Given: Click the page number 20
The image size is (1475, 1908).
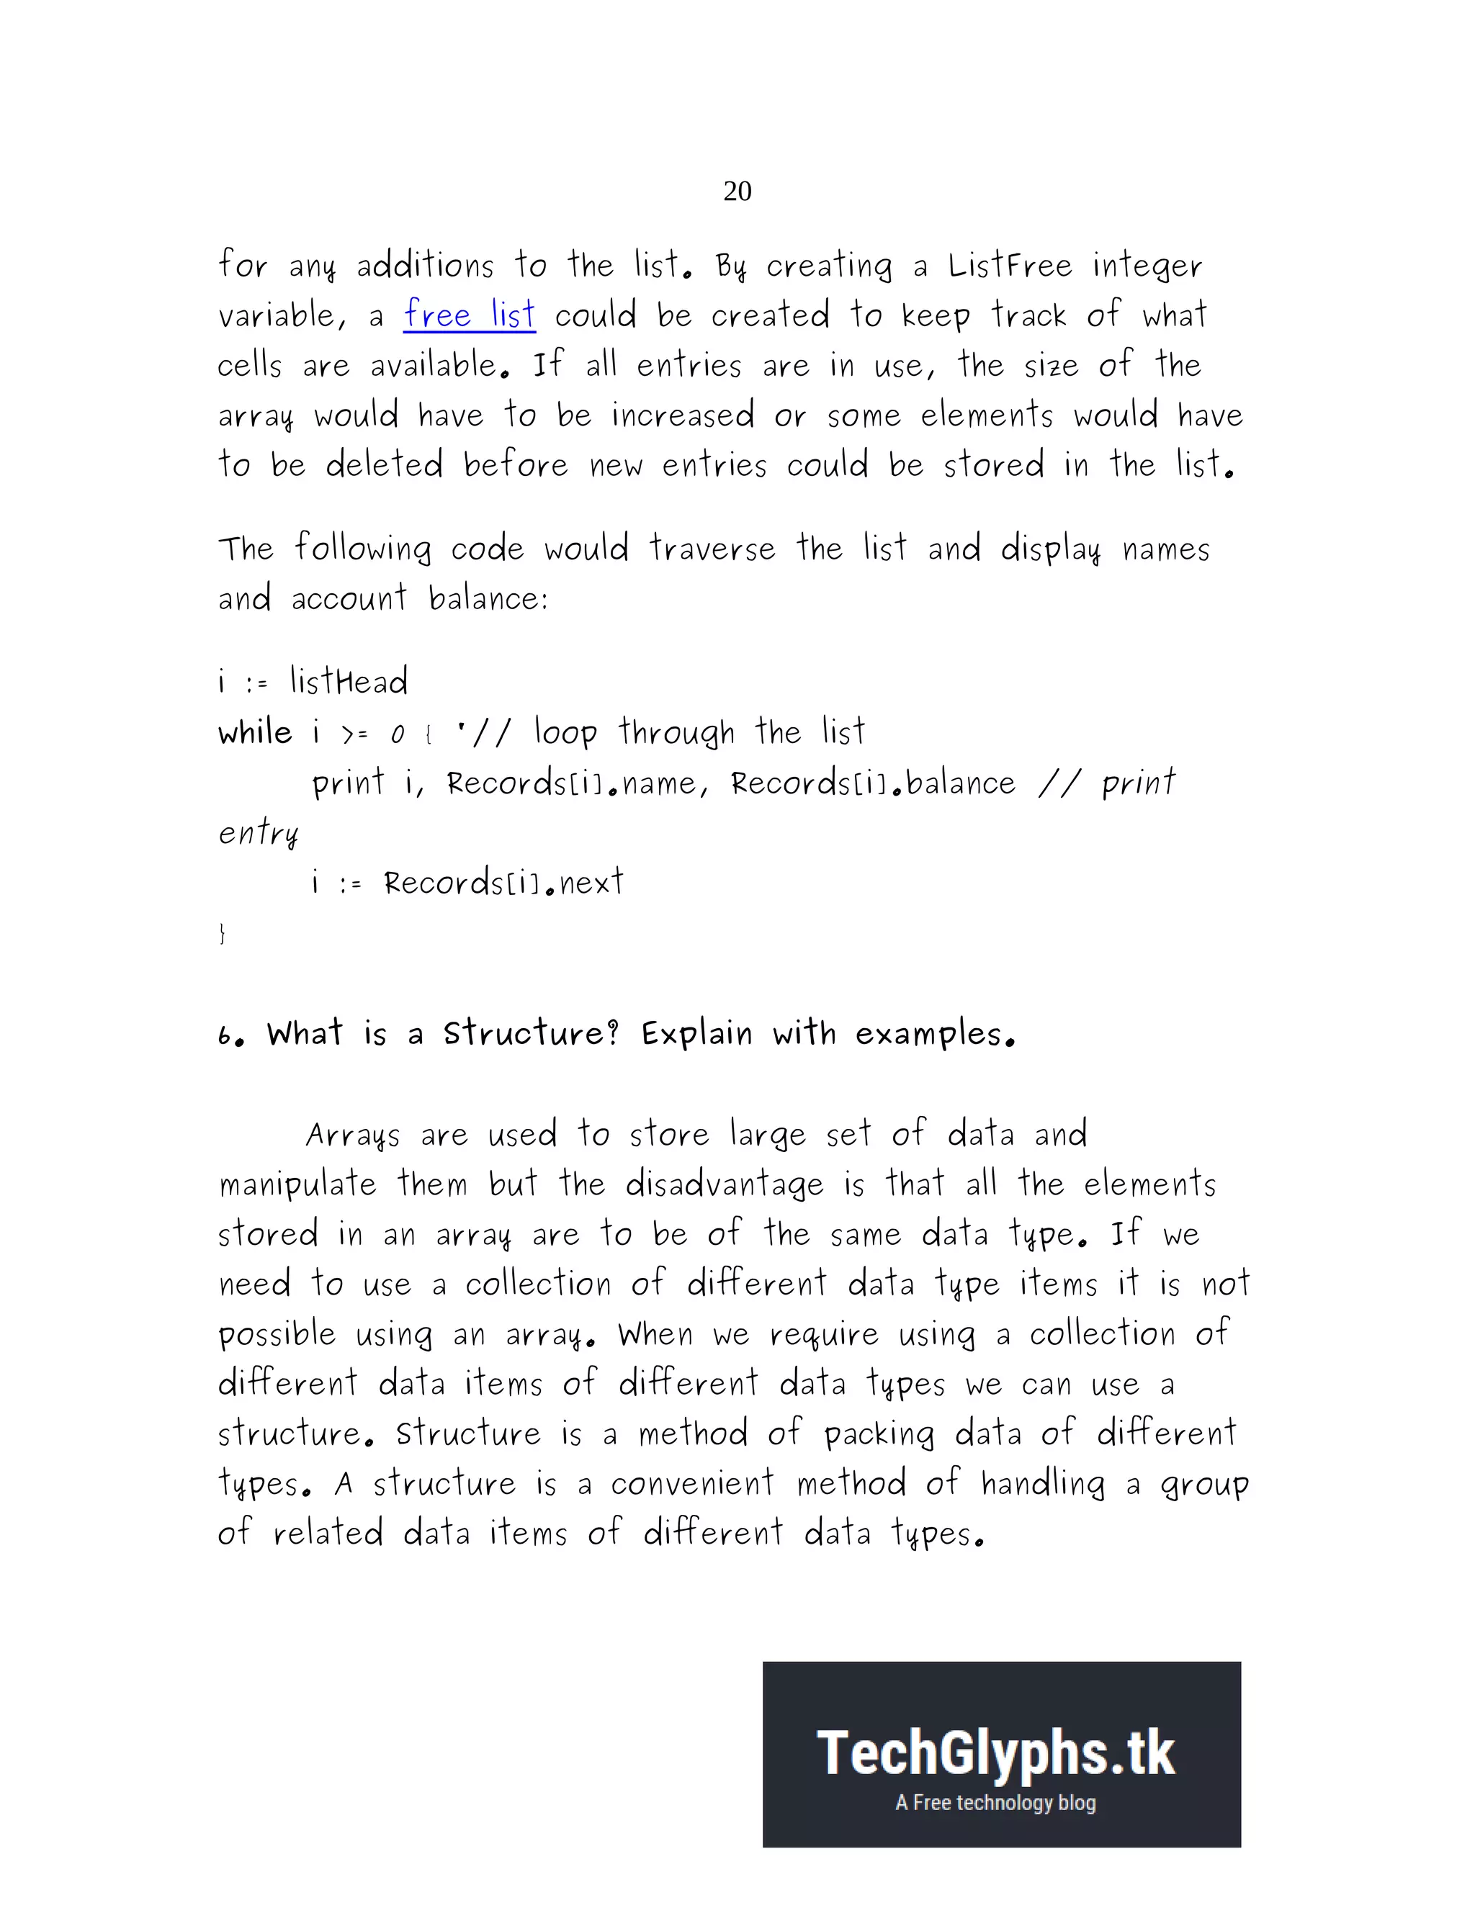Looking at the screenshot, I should [x=737, y=191].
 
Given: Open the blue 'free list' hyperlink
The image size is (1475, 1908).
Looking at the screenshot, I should [x=470, y=315].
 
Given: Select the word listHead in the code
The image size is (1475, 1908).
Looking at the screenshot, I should [x=349, y=681].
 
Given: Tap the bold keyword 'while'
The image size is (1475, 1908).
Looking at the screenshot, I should [x=255, y=732].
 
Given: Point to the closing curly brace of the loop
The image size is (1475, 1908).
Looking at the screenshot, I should [x=222, y=933].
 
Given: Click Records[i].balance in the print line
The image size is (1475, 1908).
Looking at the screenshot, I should [x=873, y=783].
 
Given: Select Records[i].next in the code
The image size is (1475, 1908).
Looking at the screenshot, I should [x=503, y=883].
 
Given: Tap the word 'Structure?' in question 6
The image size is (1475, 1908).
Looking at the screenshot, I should [x=532, y=1033].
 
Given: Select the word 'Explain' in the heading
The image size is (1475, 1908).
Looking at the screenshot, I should [x=696, y=1033].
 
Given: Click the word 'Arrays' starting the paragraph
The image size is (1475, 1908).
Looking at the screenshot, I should [x=353, y=1135].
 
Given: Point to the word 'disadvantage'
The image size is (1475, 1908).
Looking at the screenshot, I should [x=725, y=1184].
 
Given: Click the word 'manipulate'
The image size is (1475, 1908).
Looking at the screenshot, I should [x=298, y=1184].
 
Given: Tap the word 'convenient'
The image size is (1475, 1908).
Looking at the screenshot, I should [x=692, y=1483].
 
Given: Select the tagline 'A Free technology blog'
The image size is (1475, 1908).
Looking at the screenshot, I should [x=995, y=1802].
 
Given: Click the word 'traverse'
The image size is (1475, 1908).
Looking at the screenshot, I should [x=712, y=549].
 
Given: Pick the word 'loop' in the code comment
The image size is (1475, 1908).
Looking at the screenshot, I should [x=565, y=732].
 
